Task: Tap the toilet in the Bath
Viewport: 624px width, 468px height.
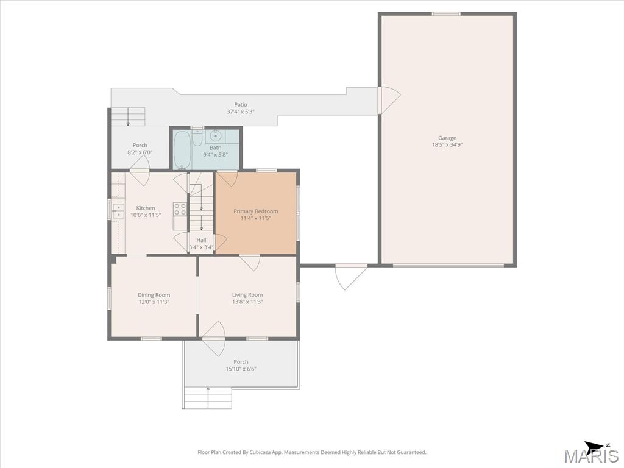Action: pos(197,137)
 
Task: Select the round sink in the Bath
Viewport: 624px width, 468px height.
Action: pos(216,135)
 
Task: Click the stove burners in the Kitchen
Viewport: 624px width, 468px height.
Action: pos(180,209)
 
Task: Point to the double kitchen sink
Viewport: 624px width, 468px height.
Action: pos(118,211)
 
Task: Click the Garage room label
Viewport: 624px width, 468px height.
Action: pos(447,138)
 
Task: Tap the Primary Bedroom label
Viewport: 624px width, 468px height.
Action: pos(255,211)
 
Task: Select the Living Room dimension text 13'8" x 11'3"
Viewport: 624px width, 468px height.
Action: pos(247,302)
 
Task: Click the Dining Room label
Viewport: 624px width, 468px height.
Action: pos(154,295)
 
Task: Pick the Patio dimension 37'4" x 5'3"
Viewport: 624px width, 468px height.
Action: pos(240,112)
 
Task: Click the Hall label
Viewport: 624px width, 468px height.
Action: pos(201,240)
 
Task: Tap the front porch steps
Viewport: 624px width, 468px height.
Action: pos(208,397)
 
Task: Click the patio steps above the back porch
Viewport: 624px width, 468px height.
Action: pos(128,116)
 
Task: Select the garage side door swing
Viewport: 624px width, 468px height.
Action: pos(389,99)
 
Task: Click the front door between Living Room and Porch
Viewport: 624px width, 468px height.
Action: pos(214,339)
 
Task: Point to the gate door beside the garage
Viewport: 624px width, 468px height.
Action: pos(352,276)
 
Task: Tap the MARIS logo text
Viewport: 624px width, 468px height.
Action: pos(591,456)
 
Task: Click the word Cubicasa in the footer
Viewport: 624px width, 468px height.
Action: pos(260,452)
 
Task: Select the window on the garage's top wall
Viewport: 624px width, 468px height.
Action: pos(446,14)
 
